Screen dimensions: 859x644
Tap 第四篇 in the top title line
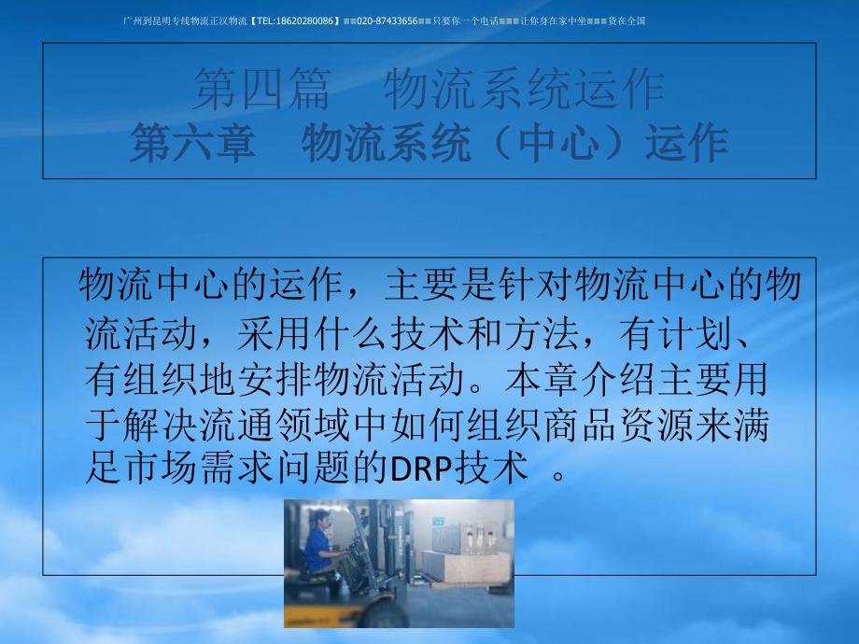[261, 89]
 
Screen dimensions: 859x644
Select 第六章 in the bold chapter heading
[193, 143]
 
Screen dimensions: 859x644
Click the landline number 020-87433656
[387, 21]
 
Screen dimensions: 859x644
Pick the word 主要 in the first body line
[422, 285]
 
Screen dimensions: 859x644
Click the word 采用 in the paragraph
[275, 334]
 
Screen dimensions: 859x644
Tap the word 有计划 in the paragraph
[676, 334]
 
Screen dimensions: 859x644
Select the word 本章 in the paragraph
[542, 379]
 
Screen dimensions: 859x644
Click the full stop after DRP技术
[558, 474]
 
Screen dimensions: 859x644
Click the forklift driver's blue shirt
[318, 549]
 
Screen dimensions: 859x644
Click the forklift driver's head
[321, 519]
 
